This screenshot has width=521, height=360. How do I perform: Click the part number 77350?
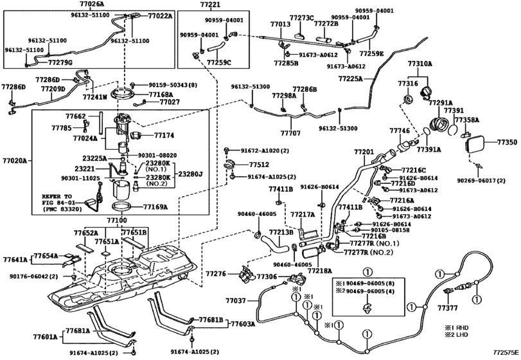point(507,141)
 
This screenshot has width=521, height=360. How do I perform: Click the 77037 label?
point(236,300)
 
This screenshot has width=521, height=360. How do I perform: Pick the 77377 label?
point(448,309)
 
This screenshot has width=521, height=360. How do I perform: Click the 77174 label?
point(164,136)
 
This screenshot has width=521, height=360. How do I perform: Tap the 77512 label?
point(259,165)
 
